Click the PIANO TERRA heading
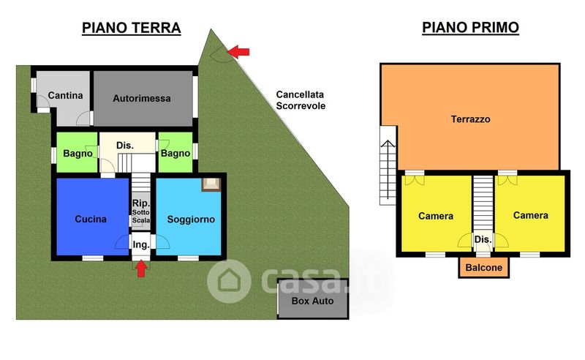pyautogui.click(x=131, y=29)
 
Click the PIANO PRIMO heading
pyautogui.click(x=470, y=28)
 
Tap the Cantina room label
pyautogui.click(x=65, y=96)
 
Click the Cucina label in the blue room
pyautogui.click(x=91, y=219)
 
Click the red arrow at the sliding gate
pyautogui.click(x=238, y=50)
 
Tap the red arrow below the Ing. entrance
pyautogui.click(x=141, y=269)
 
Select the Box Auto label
pyautogui.click(x=312, y=301)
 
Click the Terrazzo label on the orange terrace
pyautogui.click(x=470, y=119)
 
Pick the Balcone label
pyautogui.click(x=484, y=268)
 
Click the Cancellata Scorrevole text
pyautogui.click(x=301, y=100)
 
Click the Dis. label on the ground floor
pyautogui.click(x=125, y=146)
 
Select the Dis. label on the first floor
pyautogui.click(x=483, y=239)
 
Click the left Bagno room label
pyautogui.click(x=78, y=154)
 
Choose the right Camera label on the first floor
pyautogui.click(x=530, y=215)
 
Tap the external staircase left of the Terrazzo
pyautogui.click(x=386, y=165)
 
